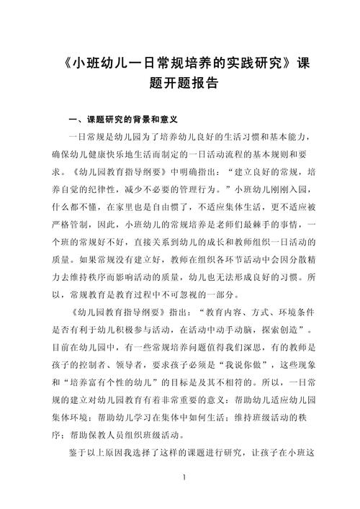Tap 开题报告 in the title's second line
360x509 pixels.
(188, 83)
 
